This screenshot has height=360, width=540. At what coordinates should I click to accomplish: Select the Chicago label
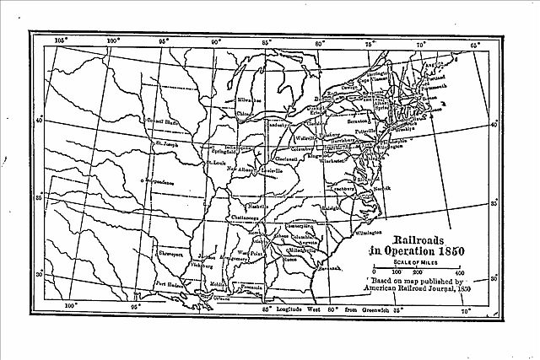click(x=246, y=113)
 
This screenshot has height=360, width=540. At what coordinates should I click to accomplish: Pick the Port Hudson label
click(x=170, y=283)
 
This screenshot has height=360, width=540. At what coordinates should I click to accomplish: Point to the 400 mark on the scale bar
click(x=459, y=272)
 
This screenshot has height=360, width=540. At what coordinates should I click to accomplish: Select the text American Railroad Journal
click(x=407, y=289)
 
